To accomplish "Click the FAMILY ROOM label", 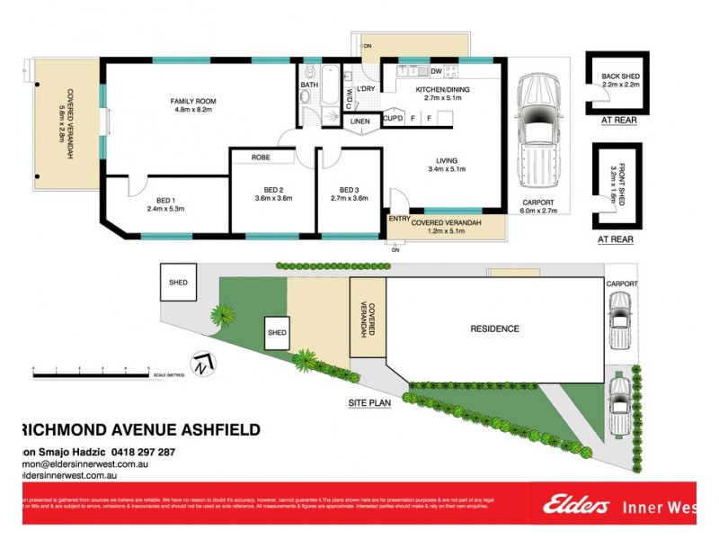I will [193, 101].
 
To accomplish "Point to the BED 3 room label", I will [349, 190].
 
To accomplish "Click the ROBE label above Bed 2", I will [261, 157].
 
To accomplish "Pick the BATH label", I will [309, 85].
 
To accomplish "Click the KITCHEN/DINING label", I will [442, 91].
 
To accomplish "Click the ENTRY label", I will [398, 219].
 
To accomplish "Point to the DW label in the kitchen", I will [436, 70].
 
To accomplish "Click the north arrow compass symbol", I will [205, 364].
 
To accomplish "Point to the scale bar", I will [99, 370].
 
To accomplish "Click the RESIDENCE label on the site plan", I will [494, 328].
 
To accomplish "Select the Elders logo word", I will [576, 507].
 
